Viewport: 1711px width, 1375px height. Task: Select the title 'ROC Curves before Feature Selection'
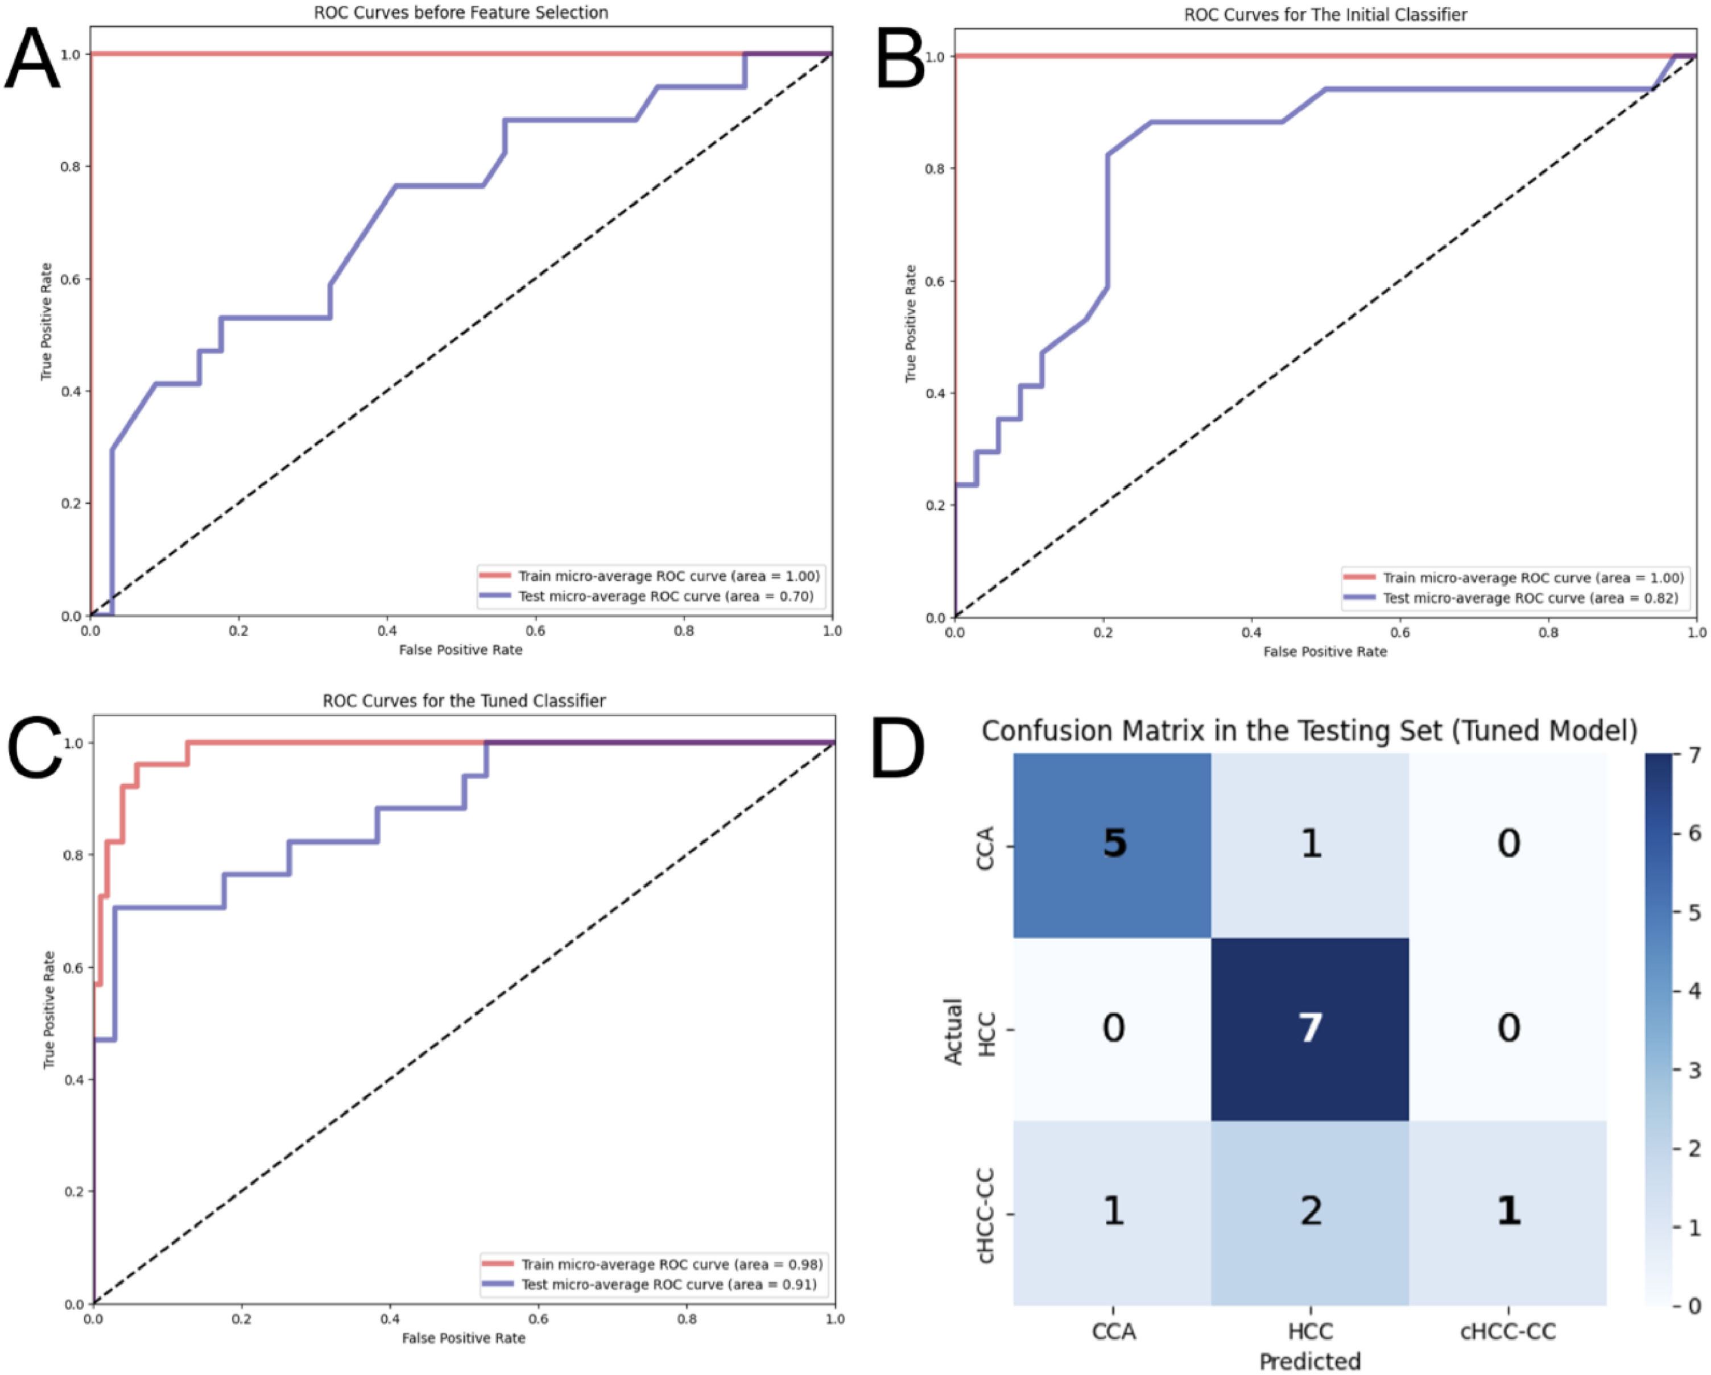tap(461, 13)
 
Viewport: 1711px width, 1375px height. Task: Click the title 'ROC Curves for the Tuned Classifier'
tap(464, 701)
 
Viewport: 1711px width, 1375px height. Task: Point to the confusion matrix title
tap(1309, 730)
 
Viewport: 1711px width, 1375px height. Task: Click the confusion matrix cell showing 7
tap(1309, 1028)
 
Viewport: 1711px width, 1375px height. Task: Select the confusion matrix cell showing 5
tap(1113, 843)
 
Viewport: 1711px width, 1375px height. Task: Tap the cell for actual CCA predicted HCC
tap(1309, 843)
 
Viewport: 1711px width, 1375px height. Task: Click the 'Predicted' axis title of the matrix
tap(1309, 1361)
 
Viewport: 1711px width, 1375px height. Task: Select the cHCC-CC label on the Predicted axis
tap(1508, 1331)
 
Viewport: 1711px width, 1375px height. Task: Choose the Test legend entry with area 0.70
tap(665, 596)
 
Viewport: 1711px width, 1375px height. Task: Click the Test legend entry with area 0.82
tap(1530, 598)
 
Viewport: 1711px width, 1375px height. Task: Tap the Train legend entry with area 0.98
tap(671, 1264)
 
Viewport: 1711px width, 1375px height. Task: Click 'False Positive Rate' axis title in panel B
tap(1325, 652)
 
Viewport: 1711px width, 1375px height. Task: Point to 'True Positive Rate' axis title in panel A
tap(47, 321)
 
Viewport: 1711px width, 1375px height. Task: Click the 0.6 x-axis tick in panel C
tap(539, 1319)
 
